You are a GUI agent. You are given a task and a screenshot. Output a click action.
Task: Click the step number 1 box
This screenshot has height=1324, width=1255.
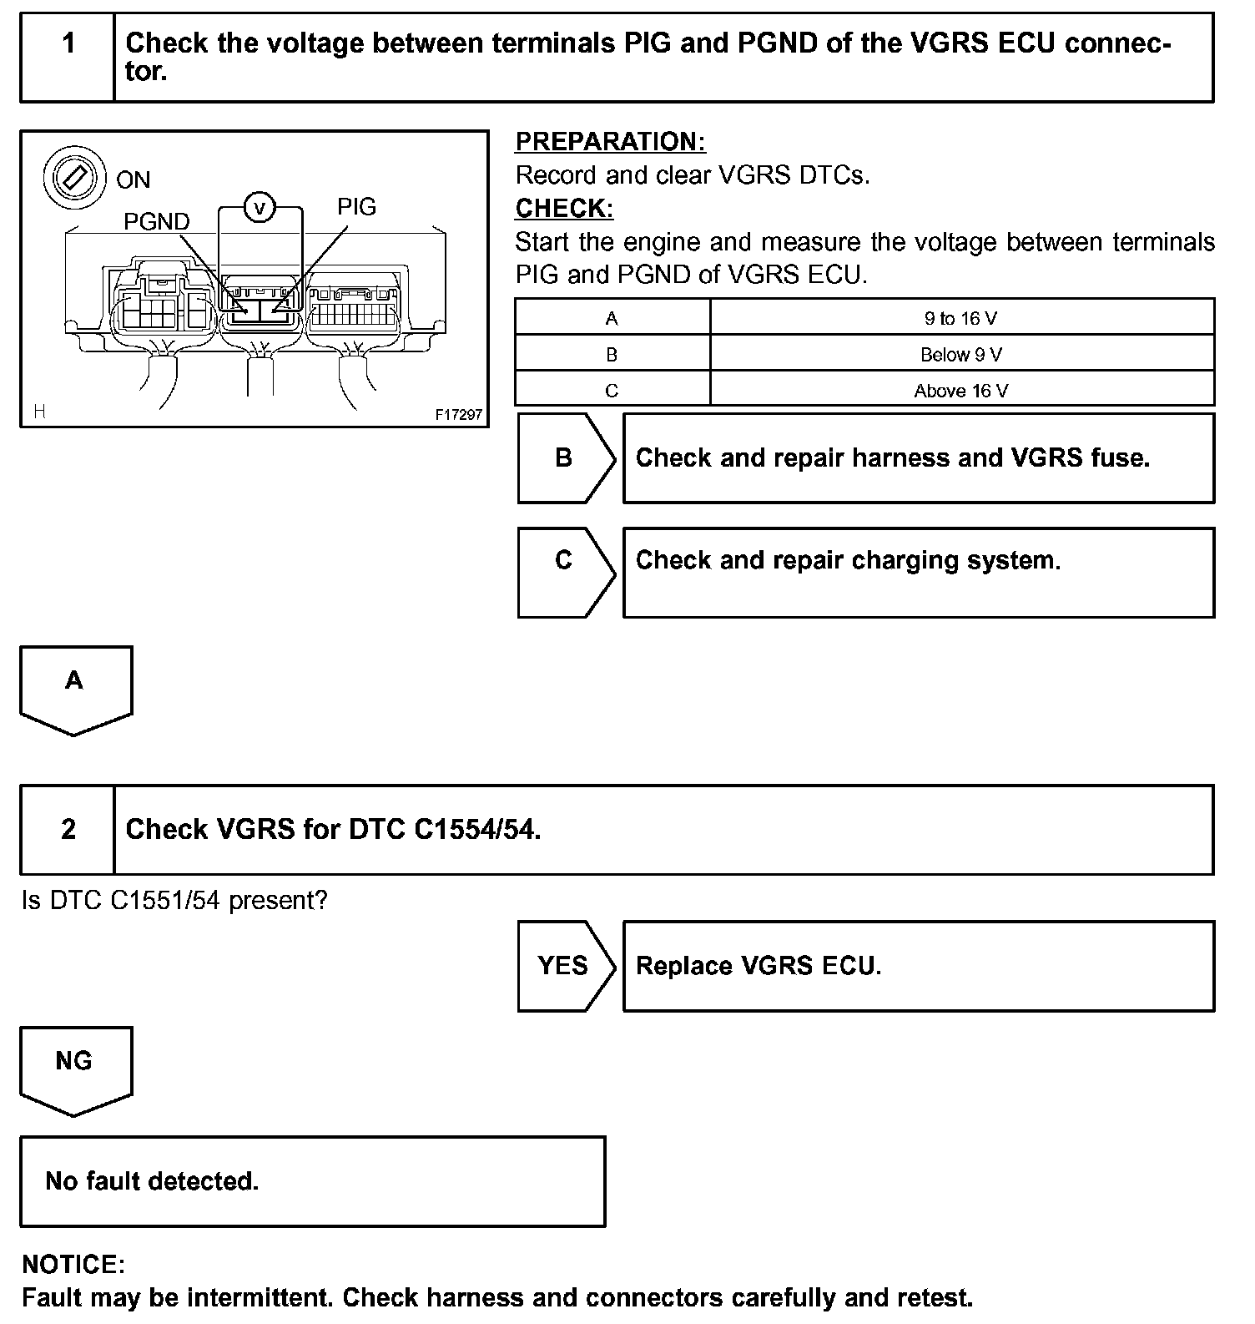tap(68, 57)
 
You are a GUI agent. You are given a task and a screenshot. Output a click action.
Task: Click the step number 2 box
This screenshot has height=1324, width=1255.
tap(68, 829)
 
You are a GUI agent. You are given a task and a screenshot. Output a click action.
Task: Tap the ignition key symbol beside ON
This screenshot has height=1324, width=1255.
tap(74, 178)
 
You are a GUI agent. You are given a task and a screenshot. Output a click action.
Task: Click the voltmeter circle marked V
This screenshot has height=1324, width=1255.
tap(260, 207)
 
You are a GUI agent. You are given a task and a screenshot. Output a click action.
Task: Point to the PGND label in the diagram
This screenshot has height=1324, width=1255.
tap(156, 221)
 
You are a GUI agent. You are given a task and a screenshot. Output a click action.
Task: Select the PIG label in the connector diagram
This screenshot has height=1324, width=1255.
tap(356, 206)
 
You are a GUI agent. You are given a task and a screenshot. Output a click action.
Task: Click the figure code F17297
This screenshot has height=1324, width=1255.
tap(458, 414)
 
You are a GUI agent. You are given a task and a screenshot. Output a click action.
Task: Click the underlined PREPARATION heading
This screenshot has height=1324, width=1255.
tap(610, 141)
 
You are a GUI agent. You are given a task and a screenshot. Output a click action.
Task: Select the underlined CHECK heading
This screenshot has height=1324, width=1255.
tap(564, 208)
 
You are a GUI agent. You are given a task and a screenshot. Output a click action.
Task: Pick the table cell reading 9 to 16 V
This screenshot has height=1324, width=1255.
tap(960, 318)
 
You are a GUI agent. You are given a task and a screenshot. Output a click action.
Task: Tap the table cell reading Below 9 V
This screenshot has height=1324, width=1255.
tap(960, 355)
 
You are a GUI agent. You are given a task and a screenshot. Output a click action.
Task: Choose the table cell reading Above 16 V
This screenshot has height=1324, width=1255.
tap(960, 391)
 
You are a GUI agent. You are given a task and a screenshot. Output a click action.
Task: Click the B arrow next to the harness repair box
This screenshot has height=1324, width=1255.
tap(565, 458)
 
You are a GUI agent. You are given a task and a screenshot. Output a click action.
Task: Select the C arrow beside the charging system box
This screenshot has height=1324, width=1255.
tap(565, 560)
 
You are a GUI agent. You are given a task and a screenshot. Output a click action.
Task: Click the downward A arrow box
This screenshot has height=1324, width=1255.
tap(75, 686)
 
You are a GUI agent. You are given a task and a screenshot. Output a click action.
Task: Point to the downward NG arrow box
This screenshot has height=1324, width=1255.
tap(75, 1067)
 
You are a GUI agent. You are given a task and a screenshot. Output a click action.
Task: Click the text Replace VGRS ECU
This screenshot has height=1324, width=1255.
tap(758, 966)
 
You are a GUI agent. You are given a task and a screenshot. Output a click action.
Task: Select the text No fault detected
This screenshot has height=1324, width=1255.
tap(152, 1180)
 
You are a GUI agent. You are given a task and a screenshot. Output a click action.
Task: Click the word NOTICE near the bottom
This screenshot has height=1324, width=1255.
tap(73, 1264)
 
